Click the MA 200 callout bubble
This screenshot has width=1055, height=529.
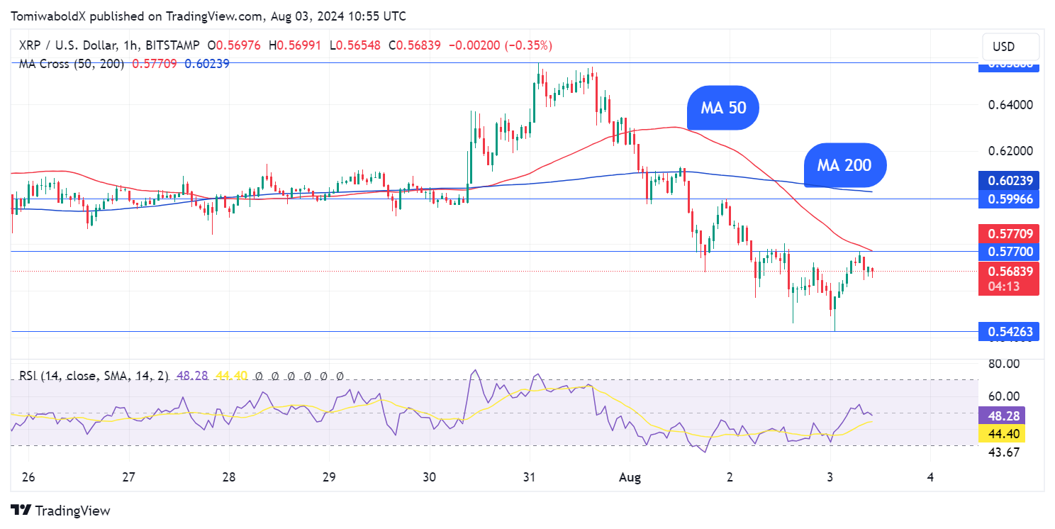pyautogui.click(x=844, y=165)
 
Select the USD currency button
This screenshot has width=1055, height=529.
pyautogui.click(x=1003, y=47)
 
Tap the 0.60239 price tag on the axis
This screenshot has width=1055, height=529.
pyautogui.click(x=1009, y=181)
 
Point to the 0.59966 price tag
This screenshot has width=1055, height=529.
pyautogui.click(x=1009, y=199)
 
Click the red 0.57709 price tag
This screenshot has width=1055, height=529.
pyautogui.click(x=1009, y=233)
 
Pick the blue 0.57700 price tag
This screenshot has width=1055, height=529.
pyautogui.click(x=1009, y=252)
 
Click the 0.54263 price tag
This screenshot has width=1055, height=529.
pyautogui.click(x=1009, y=331)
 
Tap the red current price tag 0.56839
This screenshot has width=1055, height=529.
pyautogui.click(x=1009, y=272)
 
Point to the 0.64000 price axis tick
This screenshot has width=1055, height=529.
pyautogui.click(x=1009, y=105)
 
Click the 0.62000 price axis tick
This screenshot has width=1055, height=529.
pyautogui.click(x=1009, y=151)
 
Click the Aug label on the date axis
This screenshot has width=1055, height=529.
pyautogui.click(x=630, y=478)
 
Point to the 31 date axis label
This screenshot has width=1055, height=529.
pyautogui.click(x=529, y=478)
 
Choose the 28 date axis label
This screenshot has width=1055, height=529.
pyautogui.click(x=228, y=478)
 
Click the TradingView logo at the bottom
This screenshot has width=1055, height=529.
pyautogui.click(x=61, y=511)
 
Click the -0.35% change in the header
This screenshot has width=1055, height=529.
pyautogui.click(x=527, y=45)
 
